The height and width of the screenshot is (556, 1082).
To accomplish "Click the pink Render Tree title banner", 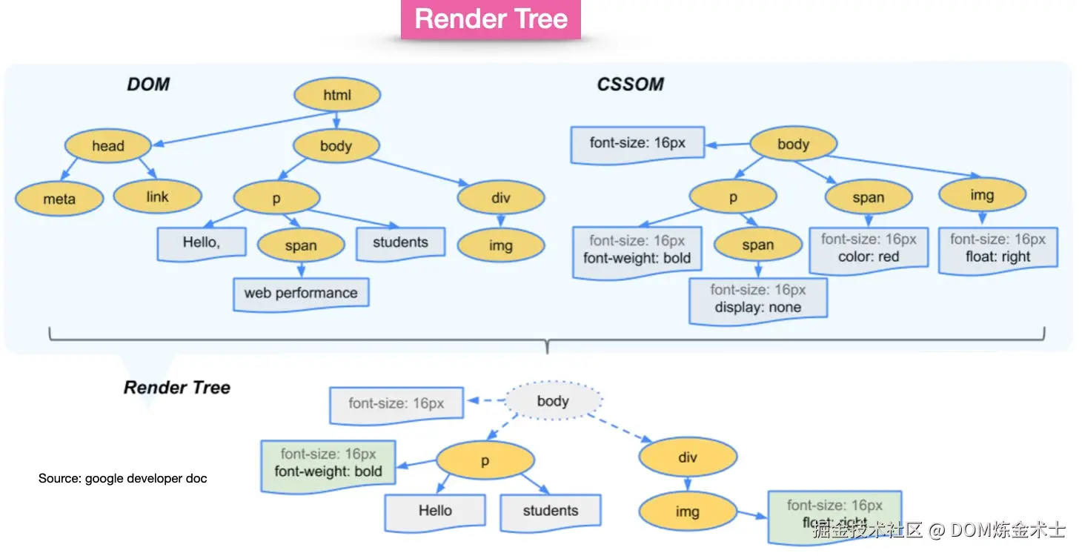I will click(x=491, y=19).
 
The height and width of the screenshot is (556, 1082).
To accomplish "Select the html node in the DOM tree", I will click(x=337, y=95).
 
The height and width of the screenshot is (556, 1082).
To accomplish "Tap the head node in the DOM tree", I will click(x=108, y=146).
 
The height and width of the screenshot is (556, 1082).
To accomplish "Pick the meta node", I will click(x=59, y=199).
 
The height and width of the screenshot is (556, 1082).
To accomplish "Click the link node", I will click(x=157, y=197).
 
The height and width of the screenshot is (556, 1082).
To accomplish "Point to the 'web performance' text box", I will click(x=301, y=294).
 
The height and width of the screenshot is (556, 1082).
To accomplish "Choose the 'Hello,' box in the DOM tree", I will click(x=202, y=243).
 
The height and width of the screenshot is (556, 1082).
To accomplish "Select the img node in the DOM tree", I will click(x=500, y=246).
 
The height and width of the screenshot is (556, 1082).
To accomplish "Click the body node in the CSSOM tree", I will click(x=793, y=145).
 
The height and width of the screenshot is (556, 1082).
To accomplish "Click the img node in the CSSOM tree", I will click(x=982, y=196).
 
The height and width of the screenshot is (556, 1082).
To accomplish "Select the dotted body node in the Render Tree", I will click(x=553, y=402).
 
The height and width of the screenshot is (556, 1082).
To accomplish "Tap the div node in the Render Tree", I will click(x=688, y=458).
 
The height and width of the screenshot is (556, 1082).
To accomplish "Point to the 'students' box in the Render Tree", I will click(x=550, y=511).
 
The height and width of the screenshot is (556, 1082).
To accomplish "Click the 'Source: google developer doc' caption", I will click(x=123, y=479).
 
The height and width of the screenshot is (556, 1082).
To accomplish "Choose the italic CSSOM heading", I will click(x=630, y=84).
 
